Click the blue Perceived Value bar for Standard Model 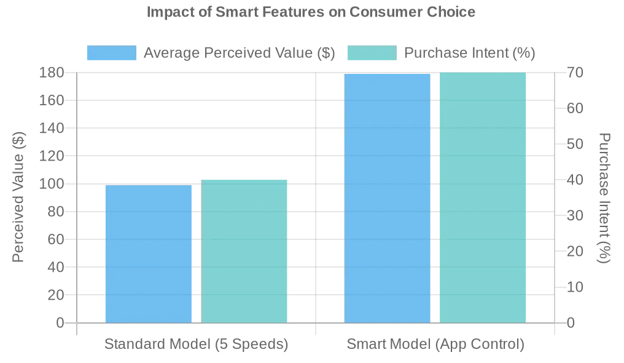pyautogui.click(x=149, y=253)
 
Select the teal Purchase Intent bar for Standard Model pyautogui.click(x=244, y=251)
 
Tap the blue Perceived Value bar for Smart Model pyautogui.click(x=387, y=198)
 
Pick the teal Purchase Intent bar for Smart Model pyautogui.click(x=483, y=197)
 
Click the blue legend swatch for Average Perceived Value pyautogui.click(x=111, y=53)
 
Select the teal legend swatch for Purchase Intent pyautogui.click(x=372, y=53)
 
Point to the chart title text pyautogui.click(x=311, y=12)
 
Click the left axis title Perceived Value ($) pyautogui.click(x=18, y=197)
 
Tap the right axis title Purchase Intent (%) pyautogui.click(x=605, y=197)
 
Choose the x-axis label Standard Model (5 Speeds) pyautogui.click(x=196, y=344)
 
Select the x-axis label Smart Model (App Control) pyautogui.click(x=435, y=344)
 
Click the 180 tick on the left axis pyautogui.click(x=52, y=73)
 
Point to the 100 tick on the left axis pyautogui.click(x=52, y=184)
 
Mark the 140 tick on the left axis pyautogui.click(x=52, y=128)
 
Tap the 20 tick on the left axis pyautogui.click(x=56, y=295)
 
